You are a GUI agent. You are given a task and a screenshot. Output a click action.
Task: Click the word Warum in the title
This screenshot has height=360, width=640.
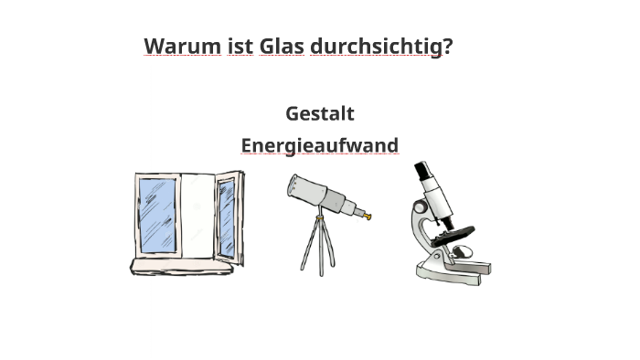coord(182,46)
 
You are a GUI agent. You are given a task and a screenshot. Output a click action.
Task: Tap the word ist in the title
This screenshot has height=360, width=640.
coord(240,46)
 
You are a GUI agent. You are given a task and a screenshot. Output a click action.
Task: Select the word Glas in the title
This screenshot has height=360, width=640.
coord(282,46)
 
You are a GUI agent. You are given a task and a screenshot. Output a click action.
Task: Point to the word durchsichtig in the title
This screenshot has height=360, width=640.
coord(376,46)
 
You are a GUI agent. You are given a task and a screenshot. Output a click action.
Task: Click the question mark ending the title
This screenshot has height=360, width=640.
coord(448,46)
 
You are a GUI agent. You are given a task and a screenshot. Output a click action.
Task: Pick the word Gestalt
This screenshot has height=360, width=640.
coord(319,113)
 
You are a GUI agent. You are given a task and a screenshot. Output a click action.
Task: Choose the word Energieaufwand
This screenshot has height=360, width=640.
coord(319,145)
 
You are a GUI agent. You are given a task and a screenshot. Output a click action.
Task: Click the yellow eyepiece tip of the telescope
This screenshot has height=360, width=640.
coord(368,217)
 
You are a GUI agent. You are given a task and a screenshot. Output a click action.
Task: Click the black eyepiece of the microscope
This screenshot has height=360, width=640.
coord(421,171)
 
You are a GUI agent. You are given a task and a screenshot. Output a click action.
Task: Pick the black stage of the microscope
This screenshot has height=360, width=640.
coord(453,233)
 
